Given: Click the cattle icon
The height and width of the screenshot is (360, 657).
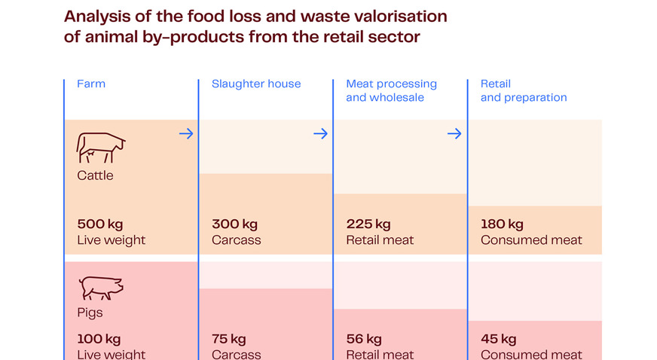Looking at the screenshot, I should click(x=100, y=148).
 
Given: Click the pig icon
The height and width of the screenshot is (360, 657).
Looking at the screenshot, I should click(x=100, y=288).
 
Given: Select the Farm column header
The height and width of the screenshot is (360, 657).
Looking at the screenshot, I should click(x=91, y=84).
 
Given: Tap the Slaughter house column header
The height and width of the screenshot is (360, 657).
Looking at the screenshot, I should click(x=256, y=84).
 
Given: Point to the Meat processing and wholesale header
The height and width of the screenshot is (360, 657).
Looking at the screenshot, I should click(x=391, y=90).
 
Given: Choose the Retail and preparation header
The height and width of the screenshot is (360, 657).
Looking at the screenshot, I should click(x=524, y=90).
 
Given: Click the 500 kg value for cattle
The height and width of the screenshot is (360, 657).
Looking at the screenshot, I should click(x=100, y=224).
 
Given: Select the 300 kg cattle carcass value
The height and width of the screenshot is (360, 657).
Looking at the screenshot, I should click(x=235, y=224).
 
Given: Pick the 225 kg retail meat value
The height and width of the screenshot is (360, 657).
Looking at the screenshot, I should click(x=368, y=224).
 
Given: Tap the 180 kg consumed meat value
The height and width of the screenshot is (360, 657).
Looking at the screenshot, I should click(x=502, y=224).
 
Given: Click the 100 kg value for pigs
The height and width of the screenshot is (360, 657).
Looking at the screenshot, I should click(x=99, y=339).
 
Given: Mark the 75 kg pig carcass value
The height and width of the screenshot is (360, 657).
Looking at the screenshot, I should click(x=229, y=339).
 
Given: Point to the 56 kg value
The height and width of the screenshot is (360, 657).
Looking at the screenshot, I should click(x=364, y=339).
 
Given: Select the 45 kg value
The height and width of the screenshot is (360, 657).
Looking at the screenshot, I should click(x=498, y=339).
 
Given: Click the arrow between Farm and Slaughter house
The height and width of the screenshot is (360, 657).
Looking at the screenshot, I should click(x=186, y=134).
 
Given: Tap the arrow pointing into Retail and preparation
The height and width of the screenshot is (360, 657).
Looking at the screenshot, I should click(x=454, y=134).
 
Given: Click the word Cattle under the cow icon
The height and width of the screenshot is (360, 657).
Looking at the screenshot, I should click(x=95, y=175).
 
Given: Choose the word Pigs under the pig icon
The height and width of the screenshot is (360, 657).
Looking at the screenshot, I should click(x=90, y=313).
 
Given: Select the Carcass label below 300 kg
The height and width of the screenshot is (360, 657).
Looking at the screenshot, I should click(x=237, y=240).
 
